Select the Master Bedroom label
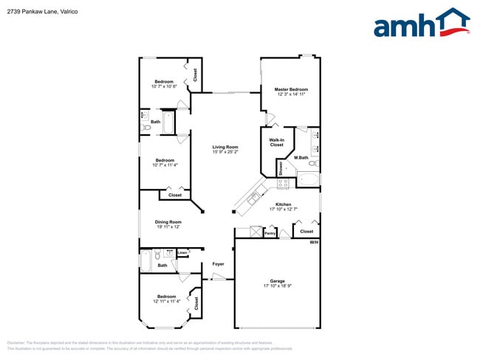[292, 89]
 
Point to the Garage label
[277, 280]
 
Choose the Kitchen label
[283, 204]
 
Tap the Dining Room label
[168, 221]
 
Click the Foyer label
[218, 263]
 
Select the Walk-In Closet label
[276, 142]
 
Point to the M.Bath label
[301, 158]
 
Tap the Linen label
[182, 253]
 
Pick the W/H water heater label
[314, 243]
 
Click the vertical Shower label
[281, 168]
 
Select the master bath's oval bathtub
[309, 179]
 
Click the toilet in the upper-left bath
[145, 128]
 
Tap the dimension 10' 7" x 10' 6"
[164, 86]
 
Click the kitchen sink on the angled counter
[253, 197]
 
